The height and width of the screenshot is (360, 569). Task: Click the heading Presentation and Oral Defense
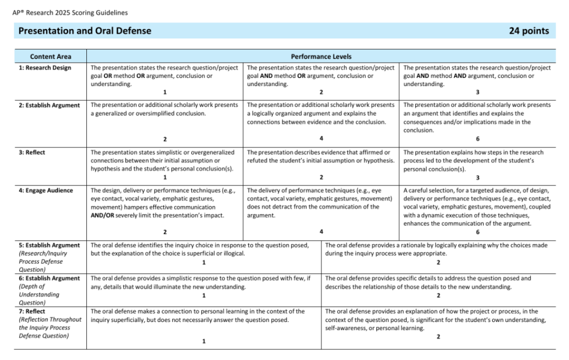(x=85, y=31)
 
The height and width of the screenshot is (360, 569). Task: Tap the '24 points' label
(x=528, y=31)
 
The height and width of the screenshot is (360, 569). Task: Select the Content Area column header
(x=51, y=56)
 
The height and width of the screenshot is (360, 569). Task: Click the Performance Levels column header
(x=321, y=56)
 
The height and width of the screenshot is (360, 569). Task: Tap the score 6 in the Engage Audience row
(x=478, y=232)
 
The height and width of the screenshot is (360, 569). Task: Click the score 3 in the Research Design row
(x=478, y=92)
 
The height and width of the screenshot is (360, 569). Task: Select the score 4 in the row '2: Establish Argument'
(x=321, y=139)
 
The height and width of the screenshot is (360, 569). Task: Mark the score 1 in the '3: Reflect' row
(x=165, y=177)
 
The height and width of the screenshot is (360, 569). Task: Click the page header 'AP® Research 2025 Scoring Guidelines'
(x=71, y=13)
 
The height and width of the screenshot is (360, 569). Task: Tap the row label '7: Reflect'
(x=32, y=312)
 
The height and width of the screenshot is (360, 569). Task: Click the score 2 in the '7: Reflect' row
(x=438, y=337)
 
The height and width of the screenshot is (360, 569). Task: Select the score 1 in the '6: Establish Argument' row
(x=204, y=295)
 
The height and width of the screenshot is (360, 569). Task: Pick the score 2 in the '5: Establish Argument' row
(x=438, y=262)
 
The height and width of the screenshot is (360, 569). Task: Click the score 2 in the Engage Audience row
(x=165, y=232)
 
